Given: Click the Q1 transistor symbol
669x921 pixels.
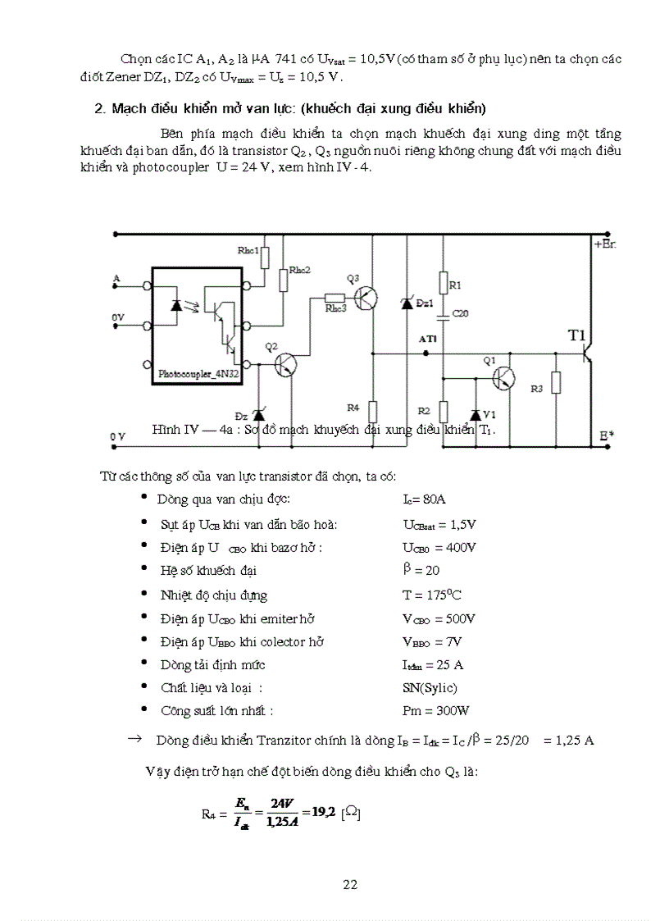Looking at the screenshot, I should [x=503, y=378].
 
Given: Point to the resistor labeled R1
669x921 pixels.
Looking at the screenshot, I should [x=443, y=285].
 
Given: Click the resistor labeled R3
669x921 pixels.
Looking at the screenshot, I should [x=556, y=383].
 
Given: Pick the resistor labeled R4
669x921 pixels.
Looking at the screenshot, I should [x=372, y=409].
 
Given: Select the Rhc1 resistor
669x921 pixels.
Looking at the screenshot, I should [x=265, y=258].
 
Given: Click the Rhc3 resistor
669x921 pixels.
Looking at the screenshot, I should [x=334, y=299].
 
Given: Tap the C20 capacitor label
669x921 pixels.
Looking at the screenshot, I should [x=461, y=313].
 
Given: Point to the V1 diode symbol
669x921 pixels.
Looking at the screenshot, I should [x=476, y=413].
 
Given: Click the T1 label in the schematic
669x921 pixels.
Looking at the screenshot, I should [x=577, y=335].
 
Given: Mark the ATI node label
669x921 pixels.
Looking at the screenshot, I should [x=428, y=338].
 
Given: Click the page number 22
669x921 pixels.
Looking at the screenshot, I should [x=350, y=884].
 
